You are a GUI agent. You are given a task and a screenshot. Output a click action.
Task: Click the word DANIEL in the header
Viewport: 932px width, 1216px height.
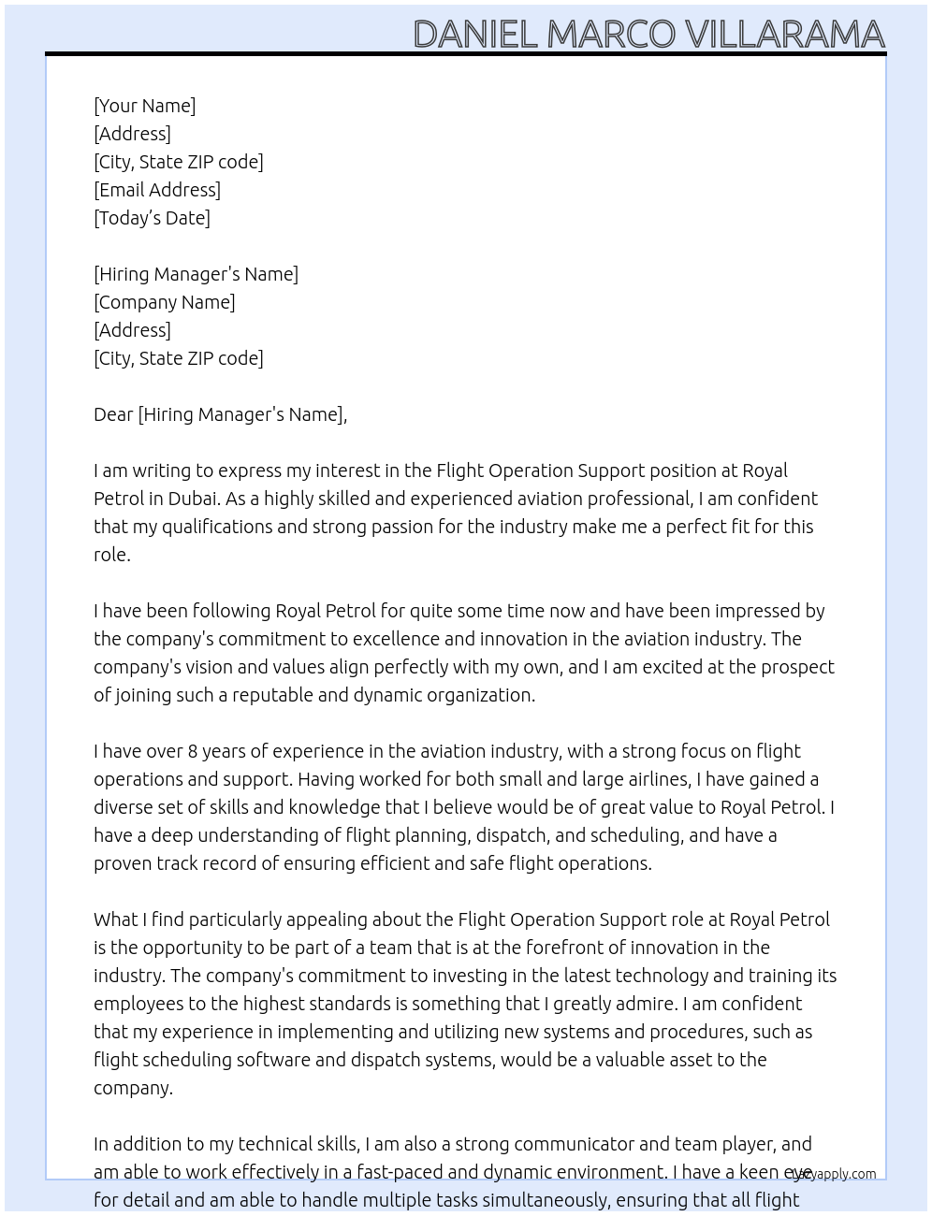pyautogui.click(x=474, y=35)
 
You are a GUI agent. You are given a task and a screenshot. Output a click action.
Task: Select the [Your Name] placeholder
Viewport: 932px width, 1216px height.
pyautogui.click(x=144, y=106)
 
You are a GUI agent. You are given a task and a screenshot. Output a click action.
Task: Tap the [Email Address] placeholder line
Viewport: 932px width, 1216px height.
pyautogui.click(x=157, y=190)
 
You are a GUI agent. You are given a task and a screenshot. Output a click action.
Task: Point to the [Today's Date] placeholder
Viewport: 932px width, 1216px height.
pyautogui.click(x=152, y=218)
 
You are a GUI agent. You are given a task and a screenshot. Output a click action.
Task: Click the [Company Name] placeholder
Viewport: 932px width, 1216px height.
pyautogui.click(x=164, y=302)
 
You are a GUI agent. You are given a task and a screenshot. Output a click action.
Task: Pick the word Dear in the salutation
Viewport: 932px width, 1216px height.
pyautogui.click(x=113, y=414)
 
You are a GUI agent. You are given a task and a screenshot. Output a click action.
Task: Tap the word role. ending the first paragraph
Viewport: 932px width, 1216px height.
pyautogui.click(x=111, y=555)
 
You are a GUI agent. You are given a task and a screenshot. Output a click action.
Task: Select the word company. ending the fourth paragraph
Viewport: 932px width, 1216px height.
pyautogui.click(x=133, y=1088)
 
